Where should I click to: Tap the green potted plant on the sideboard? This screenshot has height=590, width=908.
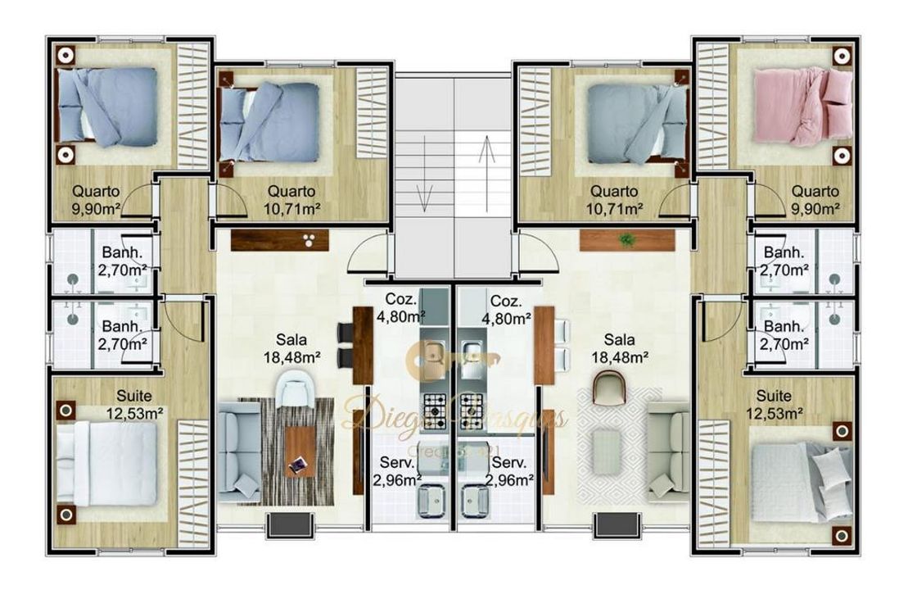coord(627,240)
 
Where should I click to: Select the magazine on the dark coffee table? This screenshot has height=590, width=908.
coord(299,465)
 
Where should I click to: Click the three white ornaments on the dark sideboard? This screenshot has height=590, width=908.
coord(310,240)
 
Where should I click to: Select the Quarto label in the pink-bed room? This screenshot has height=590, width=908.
coord(815,192)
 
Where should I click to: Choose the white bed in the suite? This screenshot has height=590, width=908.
coord(106,463)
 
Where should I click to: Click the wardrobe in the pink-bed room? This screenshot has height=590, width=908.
coord(711,106)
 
